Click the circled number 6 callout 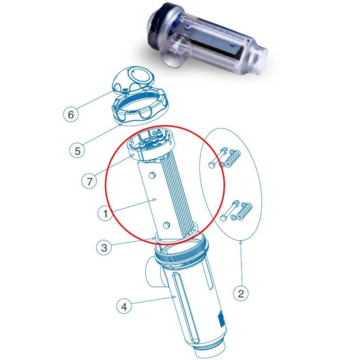click(71, 114)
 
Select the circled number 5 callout click(77, 151)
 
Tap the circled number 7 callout click(89, 181)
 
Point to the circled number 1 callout click(105, 213)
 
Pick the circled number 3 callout click(104, 247)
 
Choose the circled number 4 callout click(124, 306)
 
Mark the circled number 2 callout click(241, 293)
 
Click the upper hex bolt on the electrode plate click(152, 175)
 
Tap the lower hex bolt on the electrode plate click(166, 225)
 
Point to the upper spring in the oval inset click(232, 158)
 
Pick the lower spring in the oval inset click(244, 211)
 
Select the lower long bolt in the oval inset click(229, 211)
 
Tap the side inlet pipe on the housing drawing click(153, 272)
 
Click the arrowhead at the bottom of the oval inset click(241, 241)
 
